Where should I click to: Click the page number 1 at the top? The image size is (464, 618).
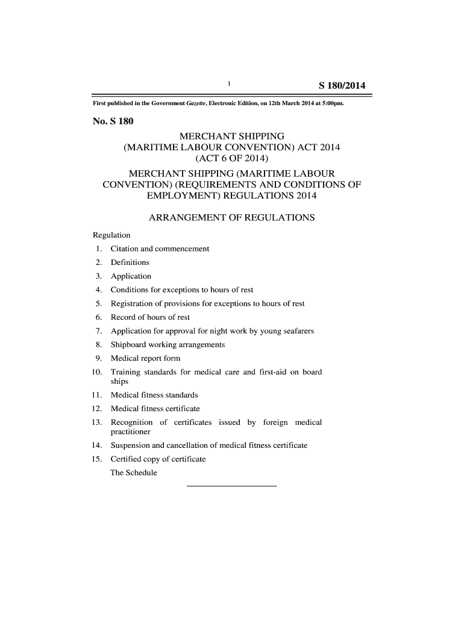[230, 83]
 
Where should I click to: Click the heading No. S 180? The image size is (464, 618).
[113, 121]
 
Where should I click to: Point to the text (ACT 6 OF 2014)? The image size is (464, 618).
[231, 159]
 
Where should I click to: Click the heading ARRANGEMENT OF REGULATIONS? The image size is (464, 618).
[231, 217]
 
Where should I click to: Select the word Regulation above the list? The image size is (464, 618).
[111, 235]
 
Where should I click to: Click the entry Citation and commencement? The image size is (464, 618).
[160, 249]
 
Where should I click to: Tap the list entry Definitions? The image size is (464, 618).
[130, 263]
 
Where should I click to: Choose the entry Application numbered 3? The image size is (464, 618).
[131, 276]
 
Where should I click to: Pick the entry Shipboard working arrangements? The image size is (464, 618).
[168, 345]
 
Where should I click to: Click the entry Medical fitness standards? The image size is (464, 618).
[154, 395]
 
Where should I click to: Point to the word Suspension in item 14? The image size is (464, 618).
[131, 445]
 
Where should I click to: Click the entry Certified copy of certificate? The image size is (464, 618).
[158, 459]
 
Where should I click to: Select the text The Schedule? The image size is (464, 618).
[133, 473]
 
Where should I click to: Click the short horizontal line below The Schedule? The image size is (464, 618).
[232, 486]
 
